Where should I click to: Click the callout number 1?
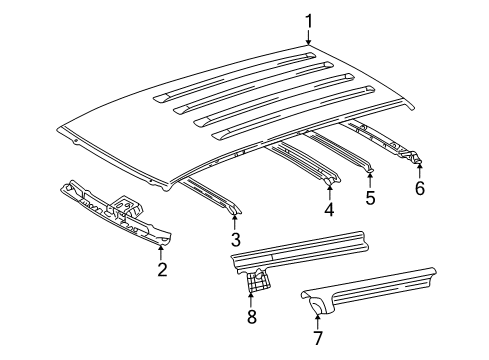[x=309, y=20]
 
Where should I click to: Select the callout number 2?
[x=162, y=269]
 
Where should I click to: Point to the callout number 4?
[x=329, y=210]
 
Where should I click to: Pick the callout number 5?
[x=370, y=197]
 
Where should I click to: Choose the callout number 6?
[x=419, y=187]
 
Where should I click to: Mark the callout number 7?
[x=317, y=339]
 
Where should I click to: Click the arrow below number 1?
[x=309, y=39]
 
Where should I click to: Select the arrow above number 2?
[x=162, y=249]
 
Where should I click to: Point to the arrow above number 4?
[x=329, y=190]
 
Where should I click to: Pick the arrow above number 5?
[x=370, y=177]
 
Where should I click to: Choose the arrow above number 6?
[x=419, y=167]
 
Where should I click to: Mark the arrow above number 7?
[x=317, y=319]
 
